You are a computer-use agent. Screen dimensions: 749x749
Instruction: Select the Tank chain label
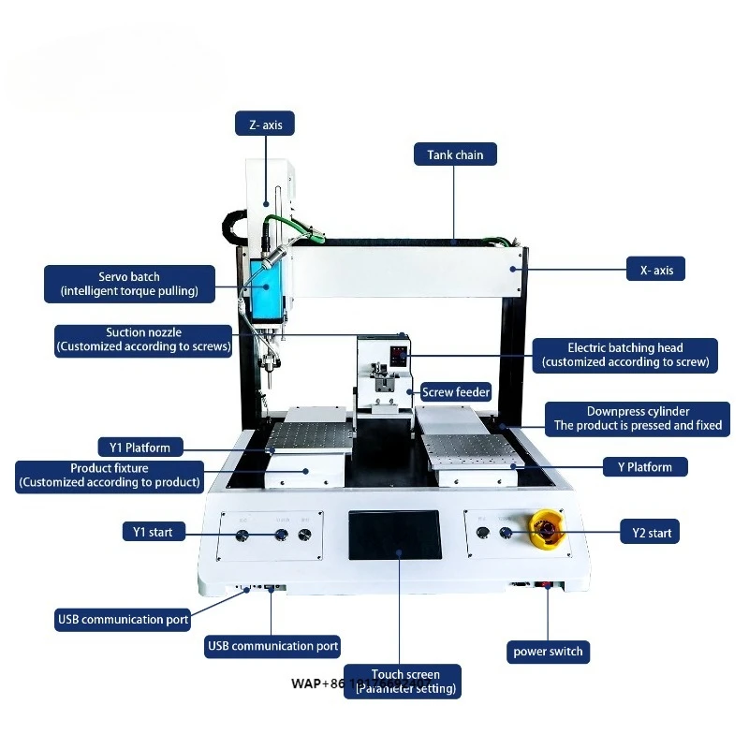pos(455,154)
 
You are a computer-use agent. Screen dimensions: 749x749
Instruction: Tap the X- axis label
pos(655,271)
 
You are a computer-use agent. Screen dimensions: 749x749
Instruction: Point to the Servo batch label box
pos(129,284)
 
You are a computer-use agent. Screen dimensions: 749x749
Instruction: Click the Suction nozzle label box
pos(143,339)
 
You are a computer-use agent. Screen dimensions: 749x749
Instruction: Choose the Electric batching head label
pos(625,355)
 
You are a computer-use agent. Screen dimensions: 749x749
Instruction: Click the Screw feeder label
pos(455,392)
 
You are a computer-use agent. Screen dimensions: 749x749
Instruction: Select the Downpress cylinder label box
pos(638,419)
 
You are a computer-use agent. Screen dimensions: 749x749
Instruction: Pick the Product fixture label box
pos(110,476)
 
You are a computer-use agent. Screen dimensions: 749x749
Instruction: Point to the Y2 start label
pos(646,533)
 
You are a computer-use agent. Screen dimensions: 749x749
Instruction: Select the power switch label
pos(549,652)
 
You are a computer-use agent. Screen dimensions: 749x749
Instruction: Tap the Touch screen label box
pos(405,682)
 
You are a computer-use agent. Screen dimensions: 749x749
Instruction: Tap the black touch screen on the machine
pos(395,536)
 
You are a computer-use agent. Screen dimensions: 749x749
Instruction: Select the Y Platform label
pos(645,466)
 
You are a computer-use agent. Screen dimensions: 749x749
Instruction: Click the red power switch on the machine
pos(547,586)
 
